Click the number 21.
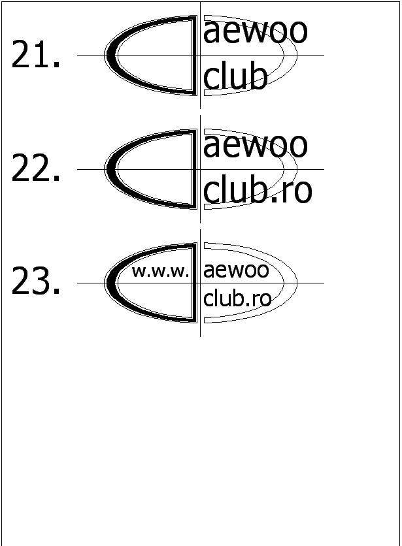point(37,56)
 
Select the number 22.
point(37,170)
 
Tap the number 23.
point(37,283)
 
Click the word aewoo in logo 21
point(255,31)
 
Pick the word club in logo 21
point(235,76)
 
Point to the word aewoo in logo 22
point(255,145)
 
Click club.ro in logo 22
point(258,190)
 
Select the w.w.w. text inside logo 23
point(160,271)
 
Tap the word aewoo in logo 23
point(236,270)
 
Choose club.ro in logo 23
point(237,298)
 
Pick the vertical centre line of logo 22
point(200,216)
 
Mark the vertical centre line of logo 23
point(200,330)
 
